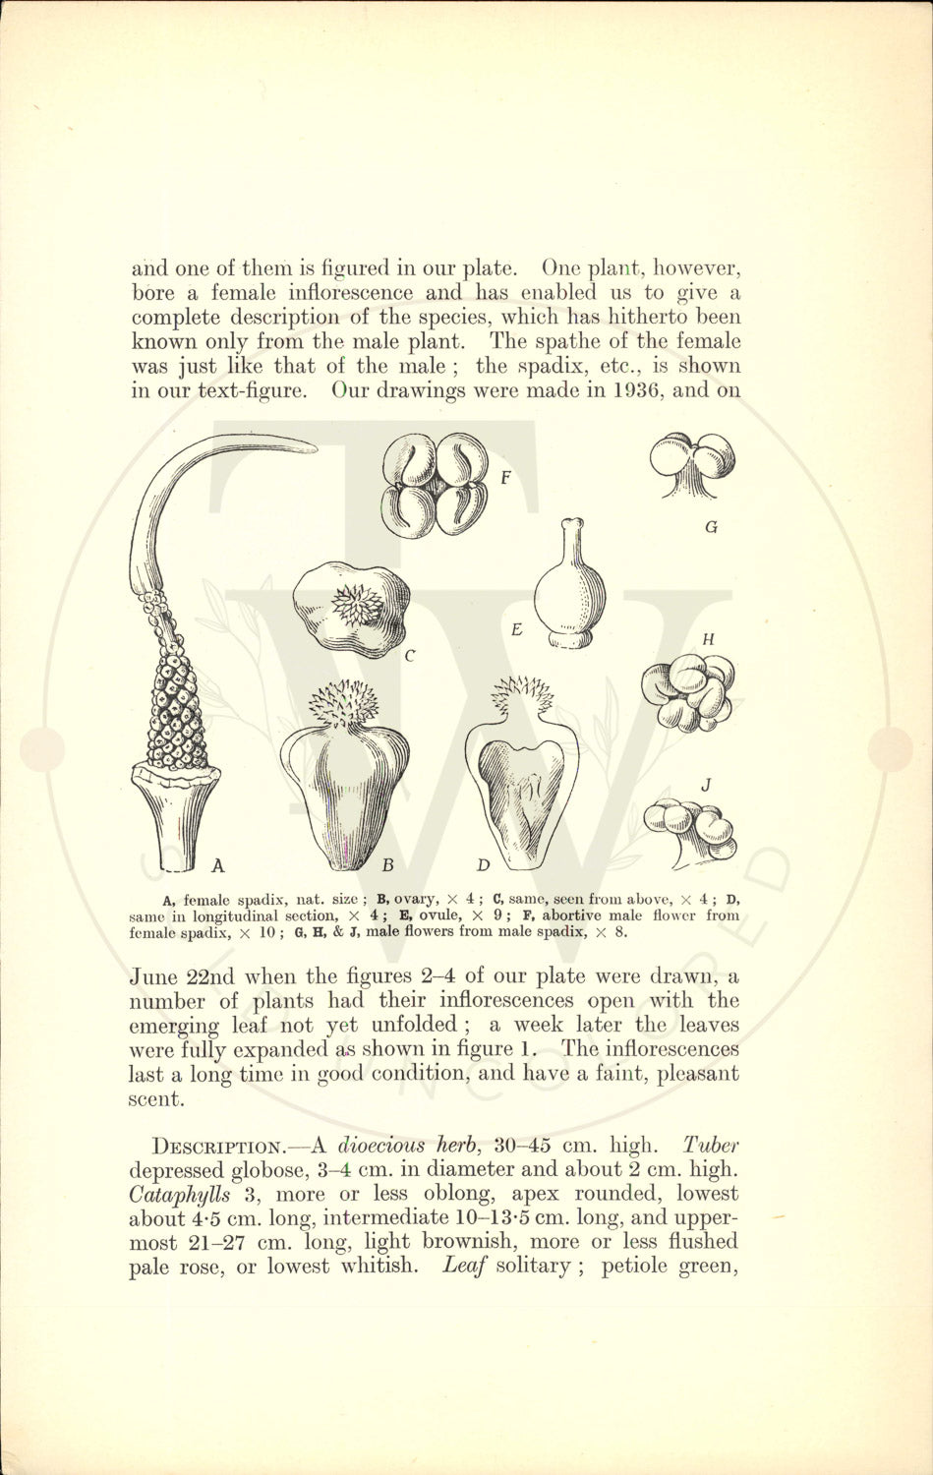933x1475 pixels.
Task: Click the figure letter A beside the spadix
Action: tap(218, 865)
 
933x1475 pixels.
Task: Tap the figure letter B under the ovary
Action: tap(387, 865)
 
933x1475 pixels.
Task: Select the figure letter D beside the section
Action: tap(483, 865)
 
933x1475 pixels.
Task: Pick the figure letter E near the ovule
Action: tap(517, 629)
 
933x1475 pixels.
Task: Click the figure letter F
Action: tap(504, 479)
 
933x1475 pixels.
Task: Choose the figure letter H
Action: tap(709, 639)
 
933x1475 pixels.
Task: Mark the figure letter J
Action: tap(706, 785)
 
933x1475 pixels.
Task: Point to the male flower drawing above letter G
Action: tap(694, 464)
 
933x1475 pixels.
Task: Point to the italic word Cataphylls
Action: tap(177, 1194)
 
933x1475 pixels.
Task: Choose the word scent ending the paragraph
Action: tap(155, 1098)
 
